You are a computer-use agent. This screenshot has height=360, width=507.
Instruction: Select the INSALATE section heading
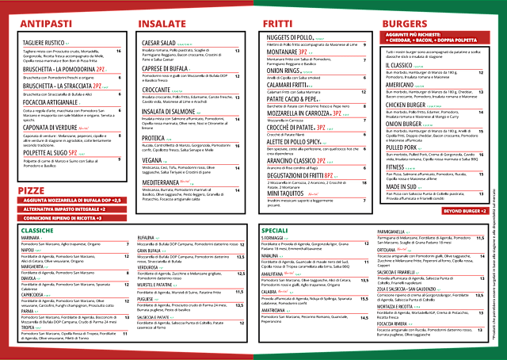(163, 25)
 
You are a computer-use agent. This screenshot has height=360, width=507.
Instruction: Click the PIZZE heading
(32, 169)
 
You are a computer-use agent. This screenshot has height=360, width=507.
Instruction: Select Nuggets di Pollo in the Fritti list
(288, 37)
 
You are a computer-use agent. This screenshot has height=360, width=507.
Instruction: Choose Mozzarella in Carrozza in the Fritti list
(298, 114)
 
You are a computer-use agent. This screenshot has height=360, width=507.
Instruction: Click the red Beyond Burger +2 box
(464, 211)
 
